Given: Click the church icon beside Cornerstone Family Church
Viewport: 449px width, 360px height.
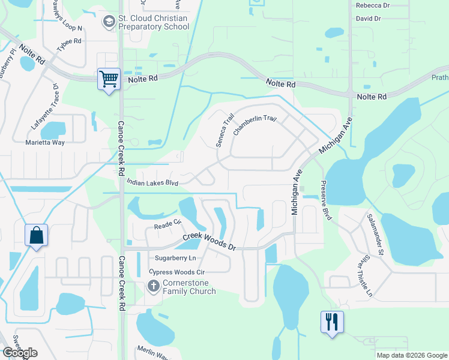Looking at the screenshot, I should [x=153, y=286].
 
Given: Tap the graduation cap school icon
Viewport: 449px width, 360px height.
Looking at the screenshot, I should [x=109, y=23].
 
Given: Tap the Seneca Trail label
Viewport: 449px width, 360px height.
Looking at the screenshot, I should [x=224, y=128].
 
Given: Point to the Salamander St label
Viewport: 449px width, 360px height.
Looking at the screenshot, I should [x=375, y=232].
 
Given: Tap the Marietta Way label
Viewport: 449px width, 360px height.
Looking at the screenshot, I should [x=44, y=143].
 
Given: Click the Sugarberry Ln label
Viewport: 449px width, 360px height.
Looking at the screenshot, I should [x=175, y=258].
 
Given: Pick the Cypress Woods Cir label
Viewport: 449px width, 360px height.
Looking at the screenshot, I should [x=176, y=272].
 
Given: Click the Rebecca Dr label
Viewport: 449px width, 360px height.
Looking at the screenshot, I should [x=372, y=5].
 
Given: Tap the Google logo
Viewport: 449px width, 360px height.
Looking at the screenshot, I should [x=20, y=353].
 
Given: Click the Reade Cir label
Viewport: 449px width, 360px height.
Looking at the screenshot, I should [x=167, y=224].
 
